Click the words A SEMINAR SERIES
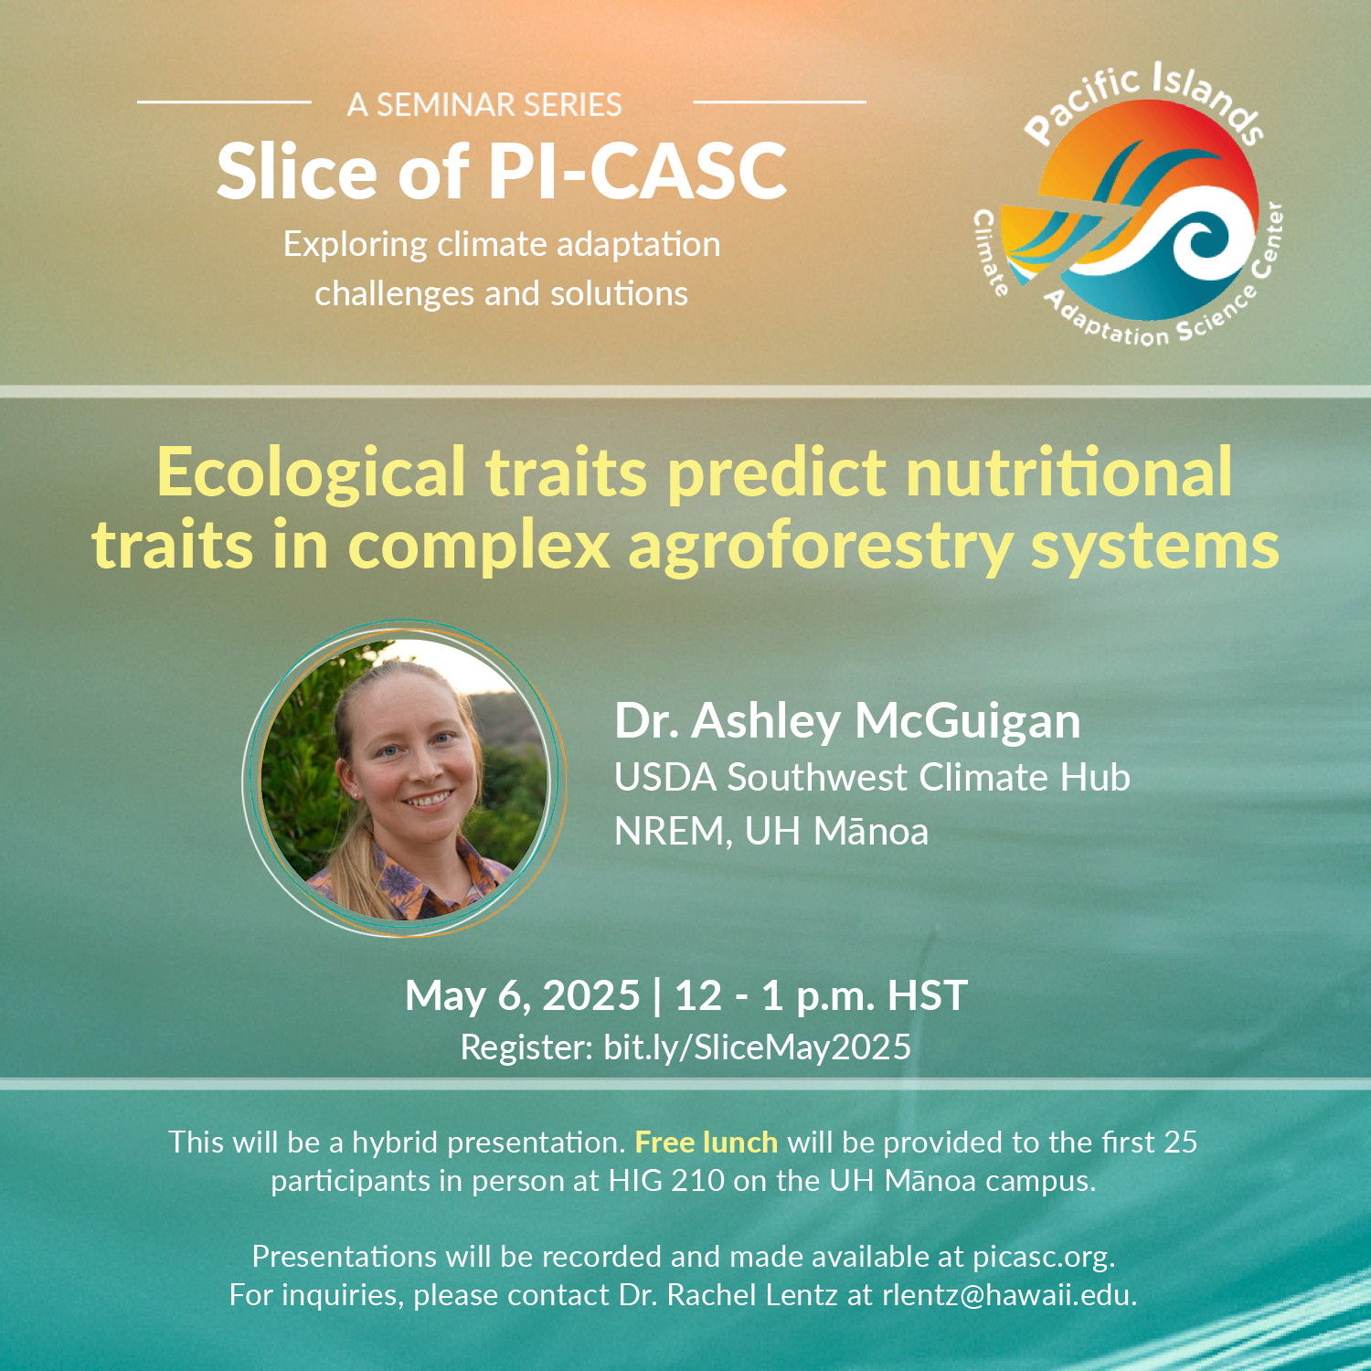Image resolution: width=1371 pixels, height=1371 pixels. (484, 105)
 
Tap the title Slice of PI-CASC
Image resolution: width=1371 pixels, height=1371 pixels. (502, 171)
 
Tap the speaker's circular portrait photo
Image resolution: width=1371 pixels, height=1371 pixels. (404, 779)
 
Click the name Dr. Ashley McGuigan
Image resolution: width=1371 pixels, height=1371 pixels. (847, 721)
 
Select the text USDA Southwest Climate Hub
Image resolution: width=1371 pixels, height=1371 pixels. (872, 778)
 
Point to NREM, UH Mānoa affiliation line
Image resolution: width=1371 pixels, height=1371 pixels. (771, 832)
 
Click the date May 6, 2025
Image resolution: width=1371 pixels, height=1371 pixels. (522, 996)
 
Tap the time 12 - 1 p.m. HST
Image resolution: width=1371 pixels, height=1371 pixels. (821, 996)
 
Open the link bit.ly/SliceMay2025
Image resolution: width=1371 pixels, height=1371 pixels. (757, 1047)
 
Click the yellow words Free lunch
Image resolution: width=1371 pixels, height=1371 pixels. (707, 1142)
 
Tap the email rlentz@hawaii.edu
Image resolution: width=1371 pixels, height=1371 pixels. (1007, 1295)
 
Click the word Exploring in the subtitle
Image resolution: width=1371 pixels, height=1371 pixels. (356, 246)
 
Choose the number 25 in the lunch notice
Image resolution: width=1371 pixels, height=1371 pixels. (1179, 1142)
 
